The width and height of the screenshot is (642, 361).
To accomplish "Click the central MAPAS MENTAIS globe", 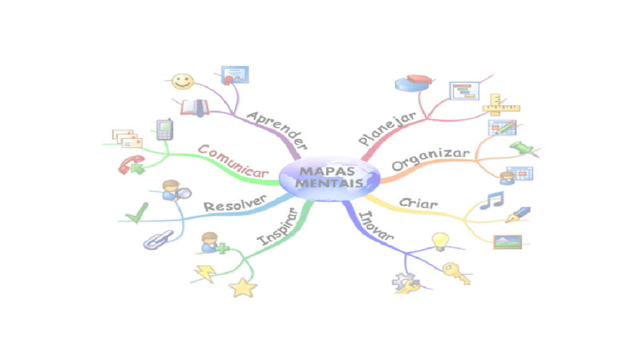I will click(x=329, y=178).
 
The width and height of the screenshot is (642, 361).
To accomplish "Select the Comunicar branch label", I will click(x=233, y=161).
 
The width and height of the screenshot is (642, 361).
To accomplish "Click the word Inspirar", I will click(x=277, y=227).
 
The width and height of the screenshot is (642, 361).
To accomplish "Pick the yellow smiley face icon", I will click(x=183, y=81).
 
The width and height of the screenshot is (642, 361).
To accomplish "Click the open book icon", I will click(x=195, y=107).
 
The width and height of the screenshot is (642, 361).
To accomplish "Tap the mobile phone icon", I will click(x=165, y=129).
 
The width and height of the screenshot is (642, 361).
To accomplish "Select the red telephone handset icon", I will click(x=131, y=164).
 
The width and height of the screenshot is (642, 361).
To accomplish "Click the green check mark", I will click(x=137, y=213).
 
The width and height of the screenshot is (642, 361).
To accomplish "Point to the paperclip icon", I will click(x=158, y=239).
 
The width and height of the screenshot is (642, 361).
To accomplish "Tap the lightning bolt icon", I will click(x=205, y=273).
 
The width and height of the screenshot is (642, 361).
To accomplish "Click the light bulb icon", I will click(x=440, y=241).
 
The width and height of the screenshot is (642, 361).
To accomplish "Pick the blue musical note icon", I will click(x=492, y=200).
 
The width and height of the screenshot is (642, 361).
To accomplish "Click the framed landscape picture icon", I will click(x=507, y=242).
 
